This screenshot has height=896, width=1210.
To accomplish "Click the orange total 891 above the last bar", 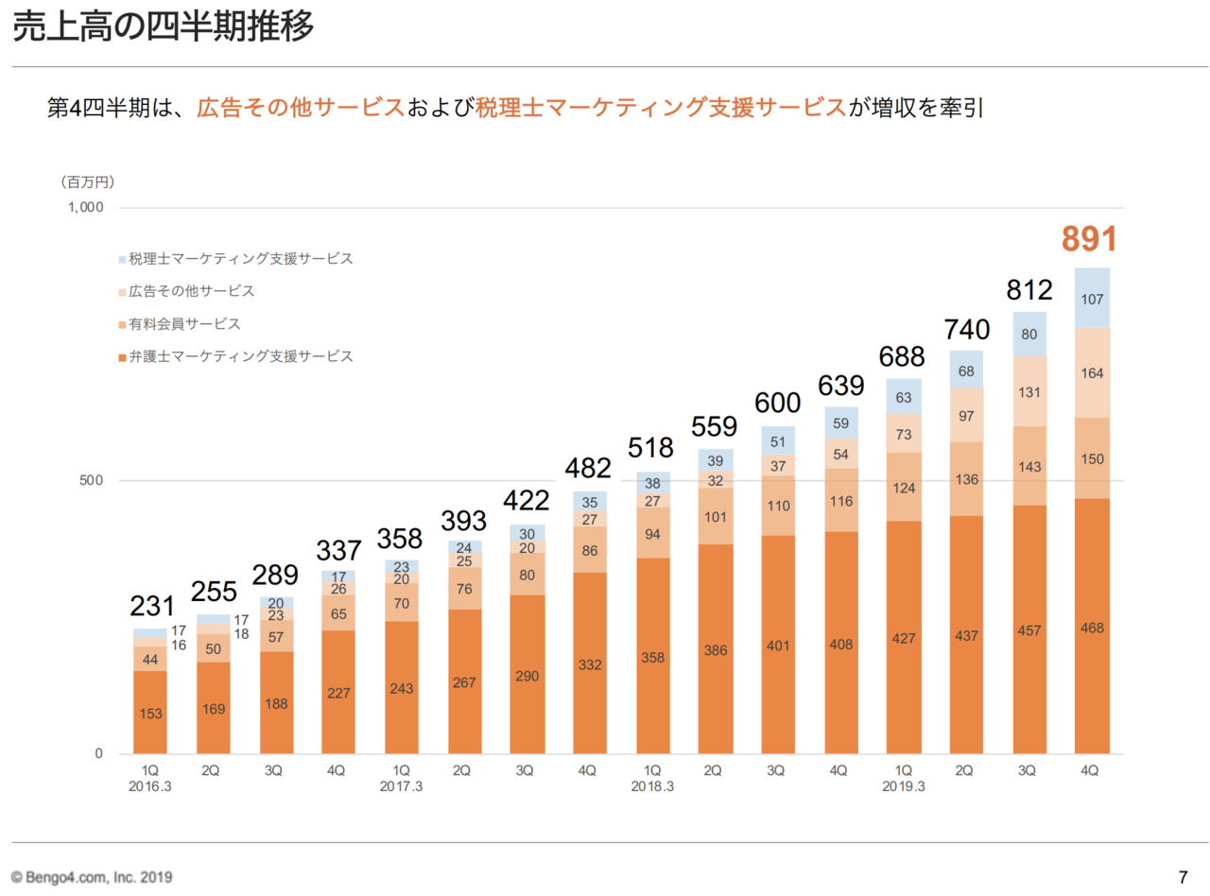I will (1090, 238).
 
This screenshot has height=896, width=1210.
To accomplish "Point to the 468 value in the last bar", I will (1092, 628).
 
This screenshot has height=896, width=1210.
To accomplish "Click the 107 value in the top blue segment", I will (1092, 299).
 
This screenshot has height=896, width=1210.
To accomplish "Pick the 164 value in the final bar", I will (1092, 373).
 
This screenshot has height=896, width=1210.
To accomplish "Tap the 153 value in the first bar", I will (149, 713).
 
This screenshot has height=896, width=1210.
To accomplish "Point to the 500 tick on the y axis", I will (92, 481).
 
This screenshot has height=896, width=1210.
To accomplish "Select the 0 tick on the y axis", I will (97, 754).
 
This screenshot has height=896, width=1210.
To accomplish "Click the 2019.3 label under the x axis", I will (903, 786).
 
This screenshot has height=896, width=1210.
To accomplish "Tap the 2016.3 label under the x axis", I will (149, 786).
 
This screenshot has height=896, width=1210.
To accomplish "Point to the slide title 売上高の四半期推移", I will (163, 28).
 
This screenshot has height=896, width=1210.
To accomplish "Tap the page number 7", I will (1183, 874).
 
